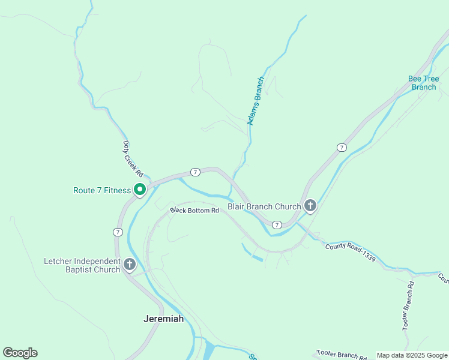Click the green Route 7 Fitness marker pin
coord(140,190)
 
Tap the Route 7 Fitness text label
coord(102,190)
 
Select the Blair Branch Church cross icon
coord(310,206)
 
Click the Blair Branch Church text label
coord(264,206)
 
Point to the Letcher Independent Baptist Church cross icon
coord(130,265)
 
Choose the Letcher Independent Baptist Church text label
coord(82,266)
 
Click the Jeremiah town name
coord(163,319)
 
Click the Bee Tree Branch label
coord(423,83)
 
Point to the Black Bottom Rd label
coord(194,211)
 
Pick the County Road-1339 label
coord(351,251)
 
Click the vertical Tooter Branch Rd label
coord(408,306)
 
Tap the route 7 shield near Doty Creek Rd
coord(195,172)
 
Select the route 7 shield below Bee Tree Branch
coord(342,148)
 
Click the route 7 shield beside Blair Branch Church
coord(276,224)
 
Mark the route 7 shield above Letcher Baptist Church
coord(118,232)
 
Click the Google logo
coord(20,353)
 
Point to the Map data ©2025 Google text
coord(412,355)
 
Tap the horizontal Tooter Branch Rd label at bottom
coord(342,355)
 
